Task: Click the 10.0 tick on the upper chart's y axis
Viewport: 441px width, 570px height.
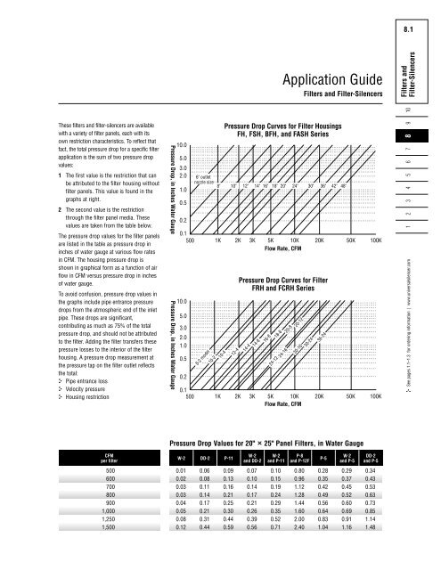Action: [x=181, y=145]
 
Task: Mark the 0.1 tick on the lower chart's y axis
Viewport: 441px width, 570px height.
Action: [x=182, y=390]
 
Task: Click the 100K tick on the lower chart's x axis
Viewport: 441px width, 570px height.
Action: [x=375, y=398]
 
